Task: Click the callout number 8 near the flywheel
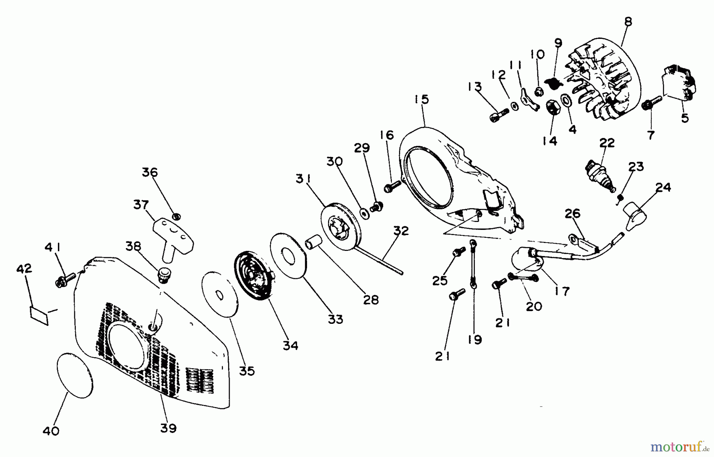[x=628, y=22]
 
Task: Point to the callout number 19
[x=475, y=339]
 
